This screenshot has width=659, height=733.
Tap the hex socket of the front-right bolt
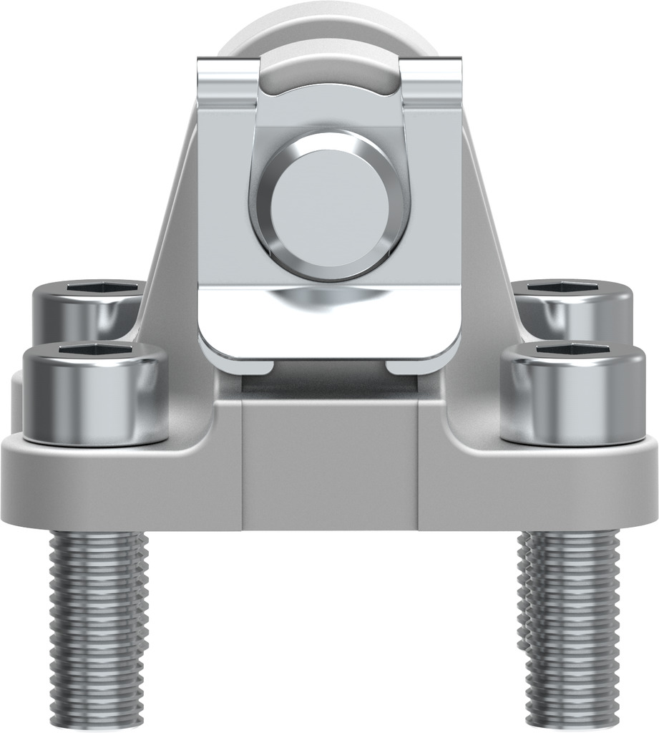pos(572,349)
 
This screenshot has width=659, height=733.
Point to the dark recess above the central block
pos(329,385)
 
